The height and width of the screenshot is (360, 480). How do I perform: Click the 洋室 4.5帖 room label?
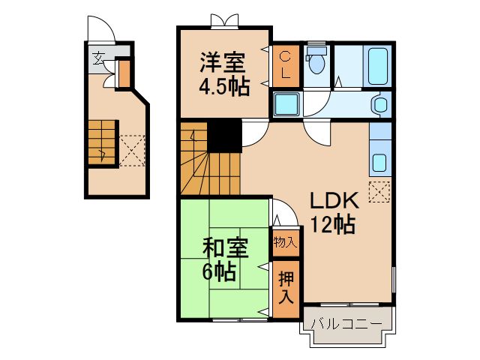(224, 74)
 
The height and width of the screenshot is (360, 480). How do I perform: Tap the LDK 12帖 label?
(334, 212)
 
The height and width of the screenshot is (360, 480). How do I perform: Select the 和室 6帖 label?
(225, 259)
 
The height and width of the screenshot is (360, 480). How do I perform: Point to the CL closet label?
(286, 65)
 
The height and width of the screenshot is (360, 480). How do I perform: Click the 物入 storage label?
(285, 242)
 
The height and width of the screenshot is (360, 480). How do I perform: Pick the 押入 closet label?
(286, 287)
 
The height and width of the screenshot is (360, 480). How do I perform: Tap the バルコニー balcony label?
(346, 323)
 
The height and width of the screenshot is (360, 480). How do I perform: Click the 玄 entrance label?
(98, 58)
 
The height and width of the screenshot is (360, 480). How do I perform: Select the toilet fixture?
(316, 60)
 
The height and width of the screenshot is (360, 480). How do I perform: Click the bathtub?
(378, 66)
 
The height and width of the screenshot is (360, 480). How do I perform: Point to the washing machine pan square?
(286, 104)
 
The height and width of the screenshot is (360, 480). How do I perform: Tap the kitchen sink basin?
(379, 163)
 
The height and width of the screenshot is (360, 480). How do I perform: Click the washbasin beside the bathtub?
(379, 104)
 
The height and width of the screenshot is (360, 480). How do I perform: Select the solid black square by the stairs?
(225, 136)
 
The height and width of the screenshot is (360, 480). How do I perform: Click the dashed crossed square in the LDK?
(379, 192)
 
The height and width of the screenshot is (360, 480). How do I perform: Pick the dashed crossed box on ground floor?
(132, 151)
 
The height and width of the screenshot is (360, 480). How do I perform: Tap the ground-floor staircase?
(103, 142)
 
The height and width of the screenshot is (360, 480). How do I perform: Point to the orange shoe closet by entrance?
(124, 74)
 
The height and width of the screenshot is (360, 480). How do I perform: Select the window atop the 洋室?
(225, 21)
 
